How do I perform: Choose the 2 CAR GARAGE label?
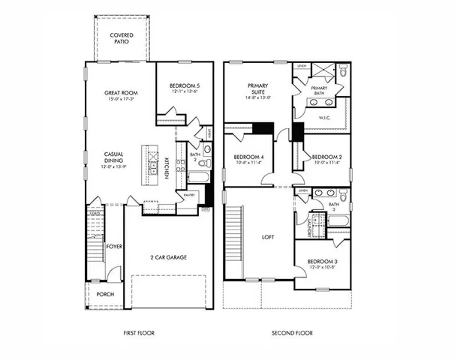(168, 257)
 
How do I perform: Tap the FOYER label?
(114, 246)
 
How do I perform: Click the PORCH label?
(106, 295)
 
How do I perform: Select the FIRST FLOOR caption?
(138, 332)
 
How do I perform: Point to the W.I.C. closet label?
(326, 117)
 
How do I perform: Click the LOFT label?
(268, 237)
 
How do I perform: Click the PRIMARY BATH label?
(320, 91)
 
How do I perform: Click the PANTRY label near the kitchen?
(189, 195)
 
